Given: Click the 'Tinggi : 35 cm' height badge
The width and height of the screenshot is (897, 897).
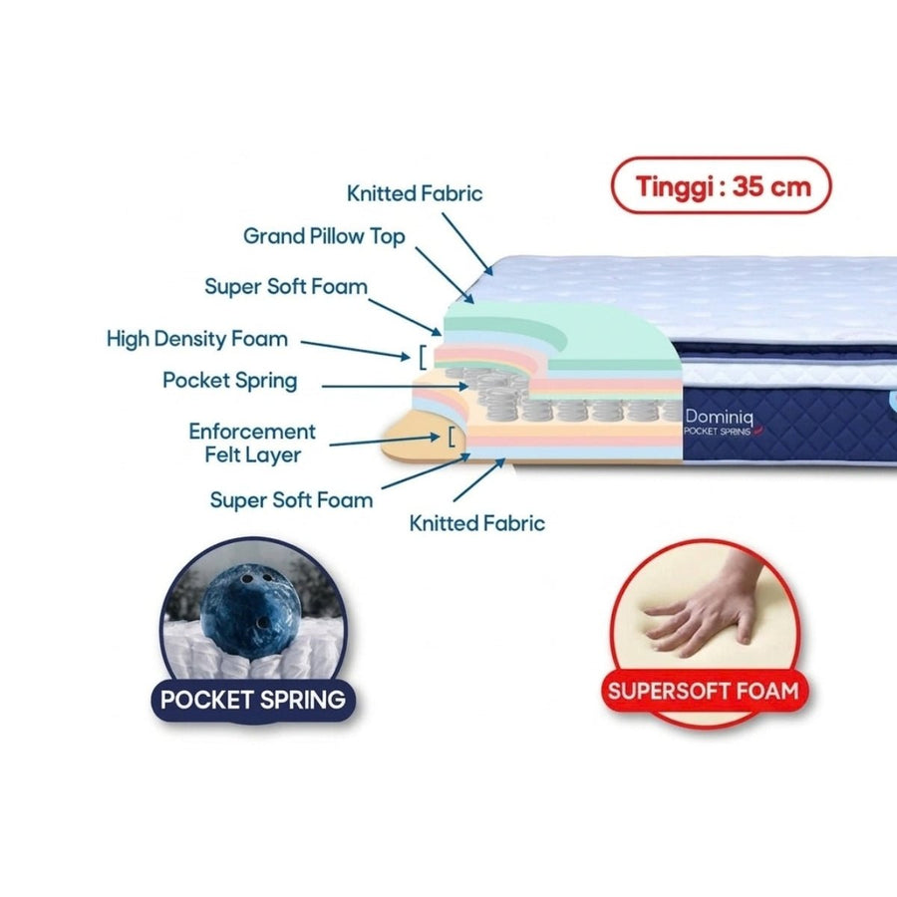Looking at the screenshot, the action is (x=721, y=185).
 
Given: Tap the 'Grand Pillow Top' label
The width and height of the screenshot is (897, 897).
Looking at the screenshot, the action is (x=324, y=236).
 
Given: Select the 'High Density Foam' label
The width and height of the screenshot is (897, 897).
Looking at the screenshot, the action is (x=196, y=339).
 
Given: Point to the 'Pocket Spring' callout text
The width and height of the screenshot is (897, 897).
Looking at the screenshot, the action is (x=230, y=381).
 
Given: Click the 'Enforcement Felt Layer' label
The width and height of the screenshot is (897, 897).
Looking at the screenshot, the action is (x=252, y=443).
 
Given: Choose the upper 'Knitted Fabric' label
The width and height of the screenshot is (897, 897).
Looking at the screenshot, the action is (x=415, y=193).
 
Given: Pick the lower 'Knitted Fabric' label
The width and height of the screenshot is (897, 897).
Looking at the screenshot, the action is (x=477, y=523).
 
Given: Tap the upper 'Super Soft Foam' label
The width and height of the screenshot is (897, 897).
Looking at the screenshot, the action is (x=286, y=287).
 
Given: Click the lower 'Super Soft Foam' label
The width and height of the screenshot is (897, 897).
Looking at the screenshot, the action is (x=291, y=500).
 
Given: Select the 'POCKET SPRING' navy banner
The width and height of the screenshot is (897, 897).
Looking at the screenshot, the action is (x=253, y=700).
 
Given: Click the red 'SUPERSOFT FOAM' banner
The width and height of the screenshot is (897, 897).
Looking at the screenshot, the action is (x=704, y=691).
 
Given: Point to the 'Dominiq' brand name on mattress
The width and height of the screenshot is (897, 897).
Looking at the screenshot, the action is (x=719, y=417).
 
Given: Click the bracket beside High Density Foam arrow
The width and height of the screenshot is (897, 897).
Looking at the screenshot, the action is (x=423, y=358).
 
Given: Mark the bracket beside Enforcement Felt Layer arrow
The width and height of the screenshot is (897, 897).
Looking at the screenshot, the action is (x=451, y=437).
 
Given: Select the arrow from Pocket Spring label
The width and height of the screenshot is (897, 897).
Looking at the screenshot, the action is (x=396, y=387).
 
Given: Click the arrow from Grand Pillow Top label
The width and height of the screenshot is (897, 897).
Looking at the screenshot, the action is (x=445, y=275).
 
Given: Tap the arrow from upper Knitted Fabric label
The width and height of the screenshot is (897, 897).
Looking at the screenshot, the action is (x=466, y=244).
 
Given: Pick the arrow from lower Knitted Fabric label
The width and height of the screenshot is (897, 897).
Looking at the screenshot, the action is (x=479, y=480).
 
